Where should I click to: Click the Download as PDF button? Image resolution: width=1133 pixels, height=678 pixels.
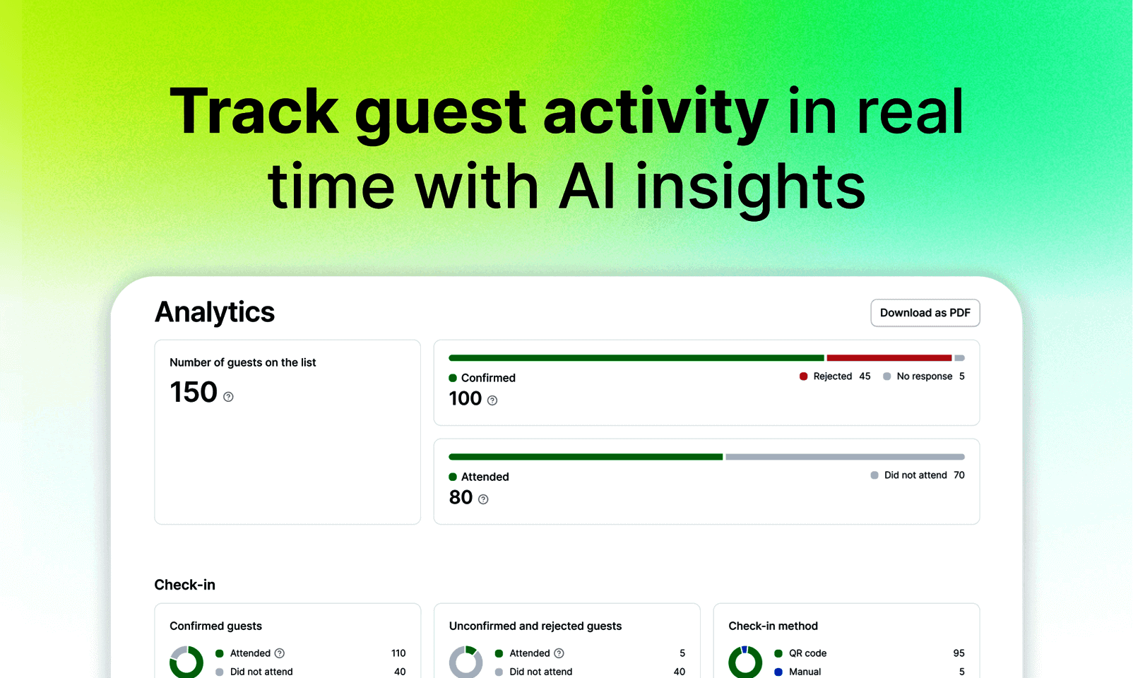click(x=925, y=313)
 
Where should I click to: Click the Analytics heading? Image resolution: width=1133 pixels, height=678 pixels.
click(x=215, y=312)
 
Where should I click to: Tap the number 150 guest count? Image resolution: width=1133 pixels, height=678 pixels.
click(x=194, y=393)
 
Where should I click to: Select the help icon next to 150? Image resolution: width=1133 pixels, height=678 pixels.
click(x=228, y=397)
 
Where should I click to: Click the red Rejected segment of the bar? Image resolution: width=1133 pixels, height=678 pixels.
click(x=889, y=358)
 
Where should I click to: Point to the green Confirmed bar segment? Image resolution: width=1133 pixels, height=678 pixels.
click(x=636, y=358)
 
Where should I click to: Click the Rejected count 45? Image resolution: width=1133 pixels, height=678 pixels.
click(x=865, y=376)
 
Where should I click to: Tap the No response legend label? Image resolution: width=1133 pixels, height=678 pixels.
click(x=924, y=376)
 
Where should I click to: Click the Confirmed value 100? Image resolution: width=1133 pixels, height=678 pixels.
click(x=465, y=398)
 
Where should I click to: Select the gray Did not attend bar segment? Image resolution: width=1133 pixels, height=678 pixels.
click(x=846, y=457)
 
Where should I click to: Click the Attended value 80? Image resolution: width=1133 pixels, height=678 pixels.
click(x=461, y=497)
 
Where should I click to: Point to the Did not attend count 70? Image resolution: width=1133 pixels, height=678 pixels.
click(x=959, y=475)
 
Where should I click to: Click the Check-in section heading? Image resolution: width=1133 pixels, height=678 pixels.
click(x=184, y=585)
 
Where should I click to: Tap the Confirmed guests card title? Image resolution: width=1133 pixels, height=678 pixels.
click(x=215, y=626)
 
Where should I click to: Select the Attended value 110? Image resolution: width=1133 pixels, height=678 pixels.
click(x=398, y=653)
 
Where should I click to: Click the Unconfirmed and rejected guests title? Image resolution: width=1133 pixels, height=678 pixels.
click(x=535, y=626)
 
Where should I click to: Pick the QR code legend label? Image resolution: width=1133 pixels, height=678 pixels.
click(x=807, y=653)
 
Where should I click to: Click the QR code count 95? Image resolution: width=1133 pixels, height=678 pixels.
click(x=959, y=653)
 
